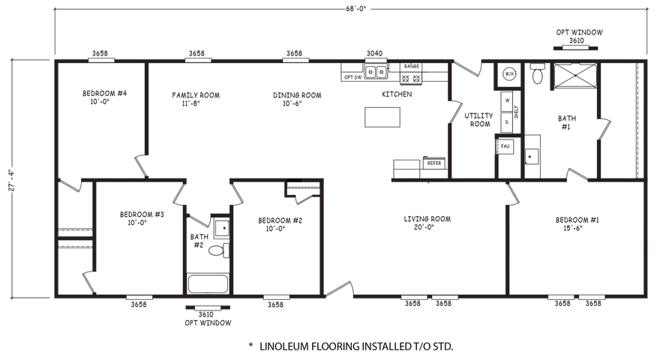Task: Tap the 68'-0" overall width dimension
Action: [356, 9]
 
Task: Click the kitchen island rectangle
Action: [382, 117]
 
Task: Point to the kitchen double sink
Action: [376, 72]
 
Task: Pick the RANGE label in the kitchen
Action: [411, 67]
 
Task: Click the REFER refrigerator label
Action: [434, 163]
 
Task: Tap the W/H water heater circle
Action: [509, 74]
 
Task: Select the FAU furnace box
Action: [505, 146]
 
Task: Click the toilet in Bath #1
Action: [538, 73]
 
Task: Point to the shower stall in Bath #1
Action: [575, 75]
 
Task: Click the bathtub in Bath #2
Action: [208, 283]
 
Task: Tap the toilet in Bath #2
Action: [219, 250]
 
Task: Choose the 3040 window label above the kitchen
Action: [374, 53]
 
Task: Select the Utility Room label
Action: [478, 119]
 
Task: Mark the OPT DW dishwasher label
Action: [352, 77]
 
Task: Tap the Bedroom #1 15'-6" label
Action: [577, 224]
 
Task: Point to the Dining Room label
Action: [297, 99]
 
